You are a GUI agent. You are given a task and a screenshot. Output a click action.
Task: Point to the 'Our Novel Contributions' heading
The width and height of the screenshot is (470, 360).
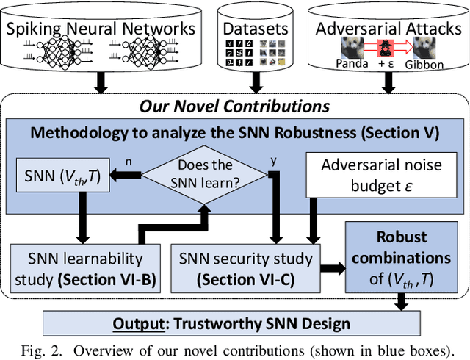(x=234, y=106)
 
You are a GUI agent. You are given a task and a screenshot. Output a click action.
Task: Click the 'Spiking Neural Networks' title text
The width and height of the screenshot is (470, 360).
(x=101, y=29)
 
